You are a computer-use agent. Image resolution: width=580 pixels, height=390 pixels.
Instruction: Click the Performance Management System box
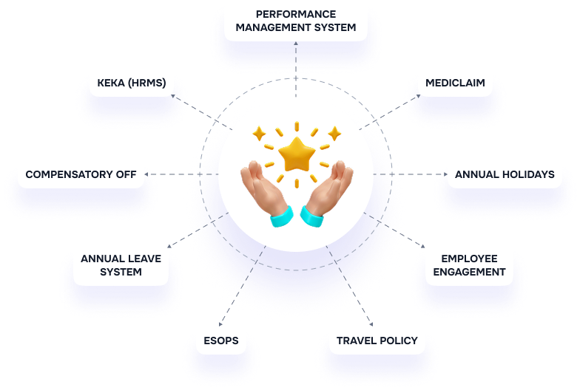(296, 21)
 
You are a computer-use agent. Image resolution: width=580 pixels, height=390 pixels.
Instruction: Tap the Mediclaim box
(455, 83)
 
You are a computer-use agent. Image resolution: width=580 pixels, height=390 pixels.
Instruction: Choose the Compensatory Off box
(81, 174)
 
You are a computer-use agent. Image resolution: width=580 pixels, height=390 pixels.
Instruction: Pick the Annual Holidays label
(504, 174)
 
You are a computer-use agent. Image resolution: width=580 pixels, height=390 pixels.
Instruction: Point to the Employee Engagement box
(469, 265)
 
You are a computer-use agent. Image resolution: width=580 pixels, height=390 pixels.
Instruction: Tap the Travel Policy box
(377, 341)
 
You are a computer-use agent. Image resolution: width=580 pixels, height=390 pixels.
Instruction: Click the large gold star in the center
(296, 154)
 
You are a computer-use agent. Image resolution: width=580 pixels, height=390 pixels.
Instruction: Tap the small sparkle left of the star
(259, 134)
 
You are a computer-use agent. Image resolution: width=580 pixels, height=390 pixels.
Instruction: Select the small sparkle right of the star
(334, 134)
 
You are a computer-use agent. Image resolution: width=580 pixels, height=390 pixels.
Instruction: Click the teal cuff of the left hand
(281, 216)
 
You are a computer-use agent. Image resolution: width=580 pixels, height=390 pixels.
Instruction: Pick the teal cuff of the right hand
(310, 216)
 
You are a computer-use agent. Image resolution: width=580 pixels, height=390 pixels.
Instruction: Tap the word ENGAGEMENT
(469, 272)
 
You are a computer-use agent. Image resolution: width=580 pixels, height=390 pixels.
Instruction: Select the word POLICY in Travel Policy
(399, 341)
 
